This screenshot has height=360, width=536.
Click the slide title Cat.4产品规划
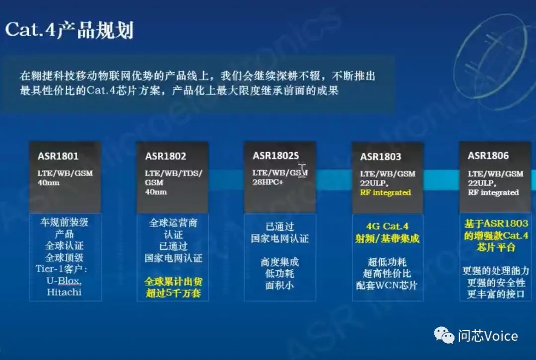69,30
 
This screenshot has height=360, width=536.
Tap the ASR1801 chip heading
58,156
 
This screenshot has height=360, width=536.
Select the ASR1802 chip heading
165,156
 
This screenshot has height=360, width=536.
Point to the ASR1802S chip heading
275,156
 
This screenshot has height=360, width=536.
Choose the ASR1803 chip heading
381,157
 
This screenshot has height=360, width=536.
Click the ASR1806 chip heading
488,156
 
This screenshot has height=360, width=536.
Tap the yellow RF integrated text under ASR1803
385,192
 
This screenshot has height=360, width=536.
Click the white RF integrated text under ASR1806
493,192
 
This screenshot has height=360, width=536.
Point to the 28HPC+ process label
268,182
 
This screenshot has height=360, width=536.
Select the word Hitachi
64,293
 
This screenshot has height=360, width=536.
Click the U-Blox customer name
64,281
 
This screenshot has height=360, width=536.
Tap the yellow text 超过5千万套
173,293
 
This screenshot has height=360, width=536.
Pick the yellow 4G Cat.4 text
387,227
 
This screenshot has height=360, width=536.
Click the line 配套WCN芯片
387,285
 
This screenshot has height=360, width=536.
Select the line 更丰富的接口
496,294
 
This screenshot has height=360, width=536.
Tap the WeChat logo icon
444,335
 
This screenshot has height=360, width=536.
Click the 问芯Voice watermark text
488,336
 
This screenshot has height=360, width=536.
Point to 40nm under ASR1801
48,183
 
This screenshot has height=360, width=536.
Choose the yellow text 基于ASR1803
496,224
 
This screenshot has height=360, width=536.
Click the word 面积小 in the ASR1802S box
279,285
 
